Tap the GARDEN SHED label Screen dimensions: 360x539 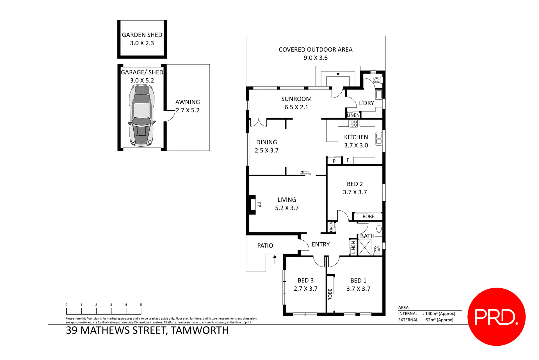(x=142, y=35)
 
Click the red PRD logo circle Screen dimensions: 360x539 (x=496, y=316)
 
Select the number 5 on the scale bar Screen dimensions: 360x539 (x=141, y=305)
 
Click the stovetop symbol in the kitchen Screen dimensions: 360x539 (x=354, y=124)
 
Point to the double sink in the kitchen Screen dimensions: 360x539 (x=379, y=139)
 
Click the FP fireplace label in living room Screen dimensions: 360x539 (x=259, y=205)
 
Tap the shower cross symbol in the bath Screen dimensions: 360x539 (x=365, y=247)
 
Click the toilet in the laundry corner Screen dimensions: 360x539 (x=377, y=80)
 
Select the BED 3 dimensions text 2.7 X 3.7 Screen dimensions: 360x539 (x=305, y=289)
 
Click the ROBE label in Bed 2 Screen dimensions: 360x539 (x=368, y=217)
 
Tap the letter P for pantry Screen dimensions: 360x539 (x=334, y=161)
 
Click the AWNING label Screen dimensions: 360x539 (x=188, y=102)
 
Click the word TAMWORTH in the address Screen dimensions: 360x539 (x=200, y=331)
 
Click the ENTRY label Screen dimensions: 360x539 (x=321, y=245)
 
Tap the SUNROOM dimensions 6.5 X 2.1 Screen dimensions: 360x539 (x=296, y=107)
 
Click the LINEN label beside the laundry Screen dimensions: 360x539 (x=353, y=115)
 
